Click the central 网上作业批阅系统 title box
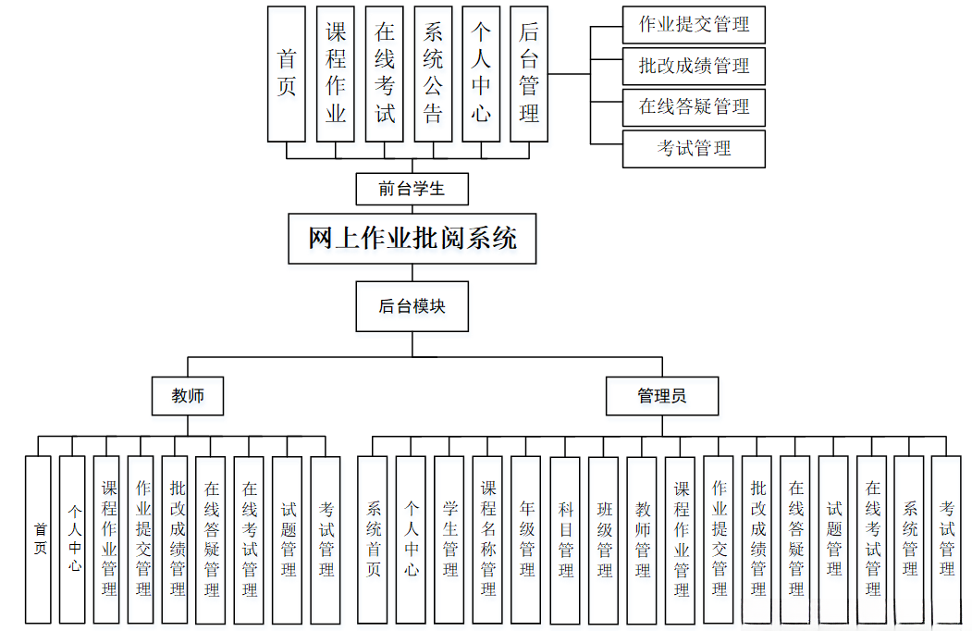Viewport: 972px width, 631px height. [412, 239]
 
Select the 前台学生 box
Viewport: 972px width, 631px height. [412, 189]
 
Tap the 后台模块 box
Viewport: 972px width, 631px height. [412, 305]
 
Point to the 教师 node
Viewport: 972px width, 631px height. [188, 396]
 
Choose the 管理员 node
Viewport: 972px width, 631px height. [661, 396]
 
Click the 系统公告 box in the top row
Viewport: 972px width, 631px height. [433, 74]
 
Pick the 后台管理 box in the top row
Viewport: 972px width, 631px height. [529, 74]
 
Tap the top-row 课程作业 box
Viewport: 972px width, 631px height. [336, 74]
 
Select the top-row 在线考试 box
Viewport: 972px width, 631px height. [385, 74]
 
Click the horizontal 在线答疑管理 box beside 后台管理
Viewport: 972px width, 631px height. [694, 106]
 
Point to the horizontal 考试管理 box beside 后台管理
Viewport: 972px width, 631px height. [694, 148]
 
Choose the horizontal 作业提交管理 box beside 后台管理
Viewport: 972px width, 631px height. [694, 24]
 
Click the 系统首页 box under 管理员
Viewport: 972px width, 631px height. [373, 538]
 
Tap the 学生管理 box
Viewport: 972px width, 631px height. [449, 538]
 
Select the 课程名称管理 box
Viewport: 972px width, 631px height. [487, 538]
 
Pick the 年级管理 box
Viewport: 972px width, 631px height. [526, 538]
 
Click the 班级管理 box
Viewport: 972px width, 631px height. [603, 538]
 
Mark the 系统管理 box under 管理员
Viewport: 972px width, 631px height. [909, 538]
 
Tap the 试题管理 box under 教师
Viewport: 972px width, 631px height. [288, 538]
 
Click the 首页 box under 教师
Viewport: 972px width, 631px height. [39, 538]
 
